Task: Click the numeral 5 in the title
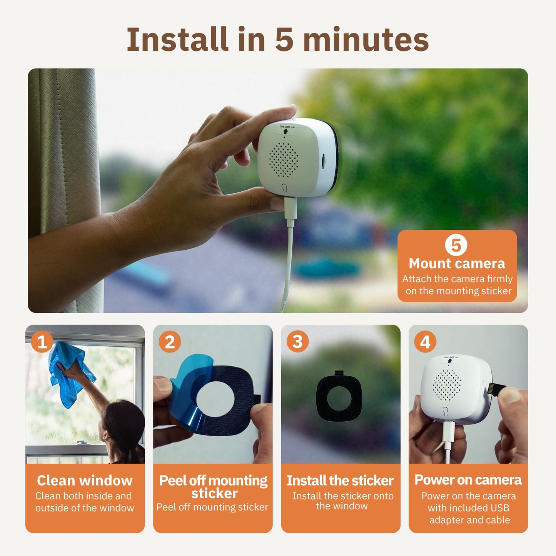pos(284,39)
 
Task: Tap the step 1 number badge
pos(42,342)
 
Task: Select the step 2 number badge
pos(170,342)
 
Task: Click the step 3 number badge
pos(297,342)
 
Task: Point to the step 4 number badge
pos(425,342)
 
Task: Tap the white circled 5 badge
pos(456,245)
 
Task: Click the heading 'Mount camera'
pos(457,264)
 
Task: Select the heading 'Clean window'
pos(85,480)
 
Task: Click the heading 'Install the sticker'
pos(340,480)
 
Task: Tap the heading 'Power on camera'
pos(468,480)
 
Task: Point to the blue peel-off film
pos(189,389)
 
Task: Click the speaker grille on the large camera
pos(284,160)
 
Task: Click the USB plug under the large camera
pos(290,208)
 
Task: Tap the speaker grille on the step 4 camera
pos(446,385)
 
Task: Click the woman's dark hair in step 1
pos(123,423)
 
